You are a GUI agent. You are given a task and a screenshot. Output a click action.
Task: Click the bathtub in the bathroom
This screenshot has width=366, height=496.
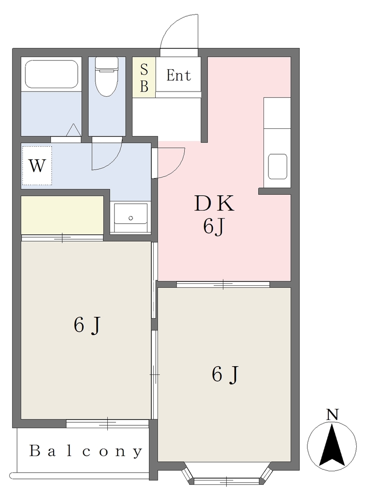tap(51, 74)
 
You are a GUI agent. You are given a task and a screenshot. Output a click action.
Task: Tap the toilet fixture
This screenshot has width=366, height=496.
tap(107, 77)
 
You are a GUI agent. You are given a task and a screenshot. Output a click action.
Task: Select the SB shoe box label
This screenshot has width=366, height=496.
tap(144, 77)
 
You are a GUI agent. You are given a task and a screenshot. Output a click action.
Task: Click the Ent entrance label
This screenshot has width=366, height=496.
tap(179, 76)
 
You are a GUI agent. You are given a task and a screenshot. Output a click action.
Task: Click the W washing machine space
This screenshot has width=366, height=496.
tap(37, 166)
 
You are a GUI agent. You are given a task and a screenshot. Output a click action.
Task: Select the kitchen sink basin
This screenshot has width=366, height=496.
tap(278, 167)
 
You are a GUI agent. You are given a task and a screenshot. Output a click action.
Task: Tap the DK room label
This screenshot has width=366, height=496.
tap(214, 203)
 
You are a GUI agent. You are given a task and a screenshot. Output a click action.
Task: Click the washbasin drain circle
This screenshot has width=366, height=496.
tap(131, 218)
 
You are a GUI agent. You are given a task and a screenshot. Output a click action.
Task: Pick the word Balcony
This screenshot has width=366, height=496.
tap(86, 451)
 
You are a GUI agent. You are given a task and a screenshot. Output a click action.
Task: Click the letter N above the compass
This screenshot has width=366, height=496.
tap(332, 415)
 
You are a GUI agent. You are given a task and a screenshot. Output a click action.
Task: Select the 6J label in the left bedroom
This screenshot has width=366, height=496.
tap(87, 325)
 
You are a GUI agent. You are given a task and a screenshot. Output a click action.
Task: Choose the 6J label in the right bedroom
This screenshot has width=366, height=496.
tap(225, 374)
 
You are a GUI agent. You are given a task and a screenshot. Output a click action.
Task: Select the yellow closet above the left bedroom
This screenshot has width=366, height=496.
tap(62, 215)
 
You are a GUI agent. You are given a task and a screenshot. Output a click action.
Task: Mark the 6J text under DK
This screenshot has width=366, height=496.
tap(214, 227)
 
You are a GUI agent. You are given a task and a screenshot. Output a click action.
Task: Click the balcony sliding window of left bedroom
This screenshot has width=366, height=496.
tap(107, 423)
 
